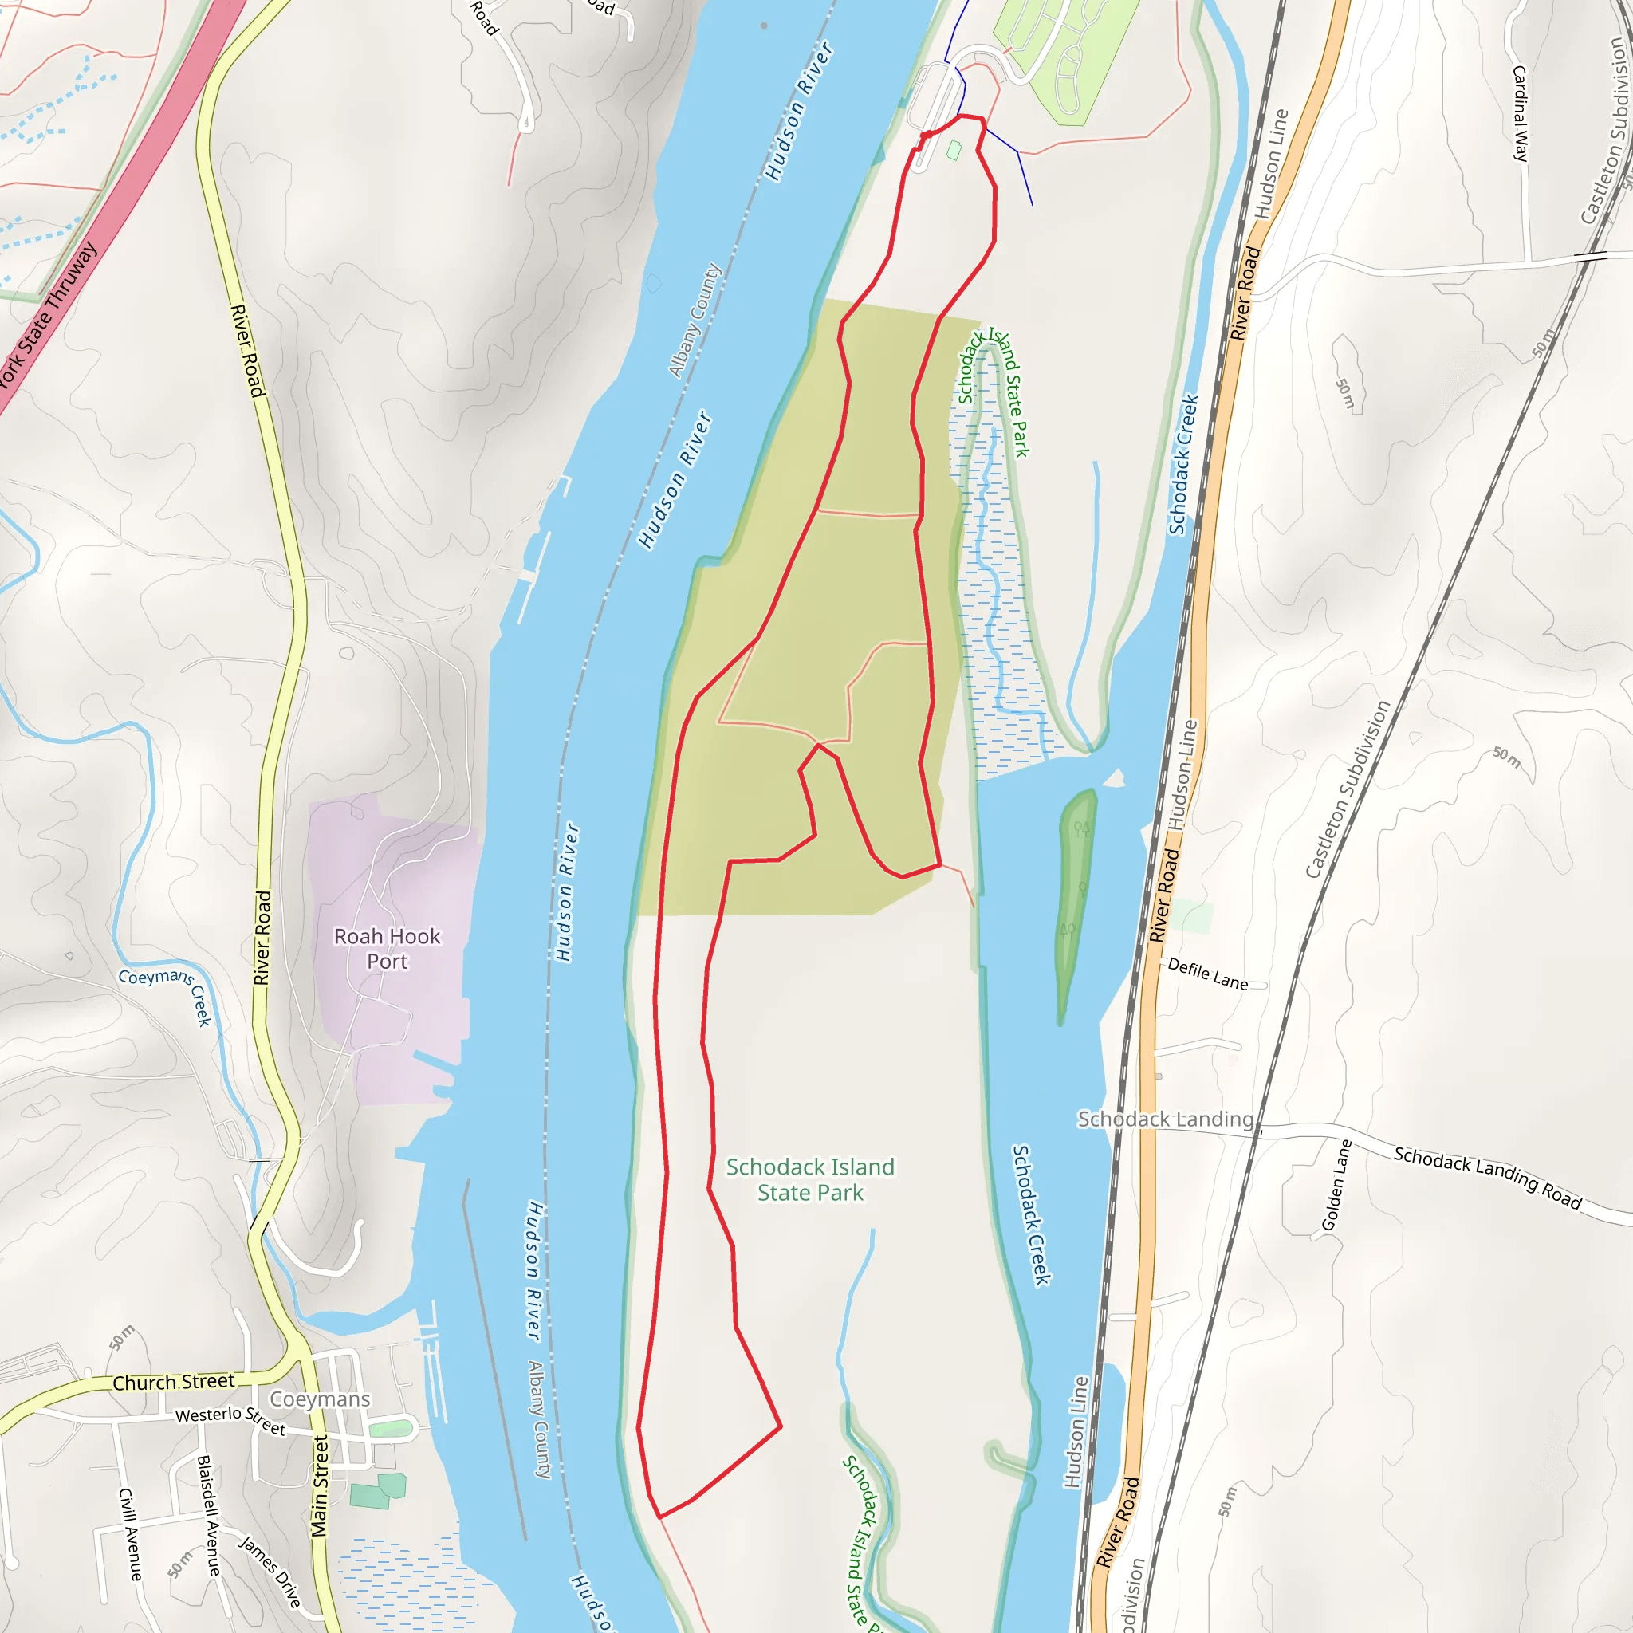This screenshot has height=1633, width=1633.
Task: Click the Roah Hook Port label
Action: tap(387, 948)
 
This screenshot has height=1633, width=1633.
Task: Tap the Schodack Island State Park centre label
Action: tap(810, 1179)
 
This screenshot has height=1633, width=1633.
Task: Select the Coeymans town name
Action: tap(320, 1399)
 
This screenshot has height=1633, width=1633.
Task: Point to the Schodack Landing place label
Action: tap(1165, 1119)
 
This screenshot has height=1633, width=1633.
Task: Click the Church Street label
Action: tap(173, 1383)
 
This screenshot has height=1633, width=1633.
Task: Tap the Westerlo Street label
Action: tap(230, 1420)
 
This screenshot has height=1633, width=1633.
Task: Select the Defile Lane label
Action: tap(1207, 974)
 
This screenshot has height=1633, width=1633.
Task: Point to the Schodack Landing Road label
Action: tap(1488, 1178)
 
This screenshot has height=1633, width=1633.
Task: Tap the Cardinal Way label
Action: tap(1520, 113)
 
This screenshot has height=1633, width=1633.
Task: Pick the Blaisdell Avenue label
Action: tap(208, 1515)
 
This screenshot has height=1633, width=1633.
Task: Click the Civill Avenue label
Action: tap(130, 1534)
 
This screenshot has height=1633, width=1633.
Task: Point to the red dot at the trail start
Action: tap(927, 135)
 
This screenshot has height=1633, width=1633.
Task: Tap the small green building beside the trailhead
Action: tap(954, 151)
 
